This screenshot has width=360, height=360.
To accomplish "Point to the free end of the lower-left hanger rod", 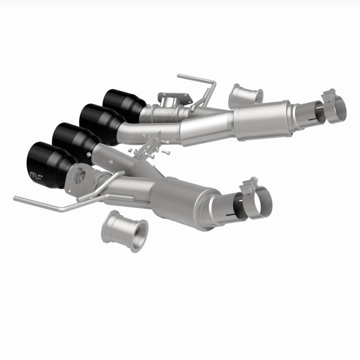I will click(16, 198).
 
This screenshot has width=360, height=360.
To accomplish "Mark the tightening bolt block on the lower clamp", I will click(248, 186).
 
